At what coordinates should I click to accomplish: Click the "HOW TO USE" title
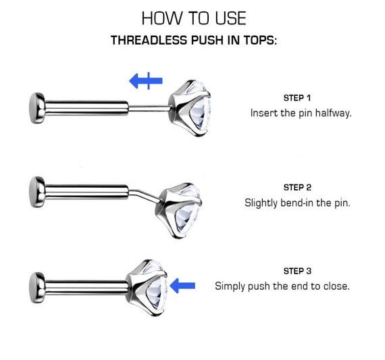(194, 18)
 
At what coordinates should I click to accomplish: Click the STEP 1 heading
(297, 98)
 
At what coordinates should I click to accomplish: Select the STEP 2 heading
(297, 188)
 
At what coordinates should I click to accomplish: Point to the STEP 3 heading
(297, 271)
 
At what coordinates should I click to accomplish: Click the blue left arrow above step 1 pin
(146, 80)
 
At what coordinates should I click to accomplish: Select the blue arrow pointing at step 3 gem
(182, 286)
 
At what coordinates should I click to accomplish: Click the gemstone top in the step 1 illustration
(190, 108)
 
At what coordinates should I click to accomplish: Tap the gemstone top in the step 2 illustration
(179, 210)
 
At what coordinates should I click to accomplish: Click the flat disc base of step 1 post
(37, 108)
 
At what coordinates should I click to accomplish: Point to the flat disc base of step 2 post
(37, 192)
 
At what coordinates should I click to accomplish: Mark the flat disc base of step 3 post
(37, 288)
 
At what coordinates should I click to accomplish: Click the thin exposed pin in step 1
(149, 108)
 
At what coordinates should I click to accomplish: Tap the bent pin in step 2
(145, 195)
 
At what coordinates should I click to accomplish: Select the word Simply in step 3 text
(230, 286)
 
